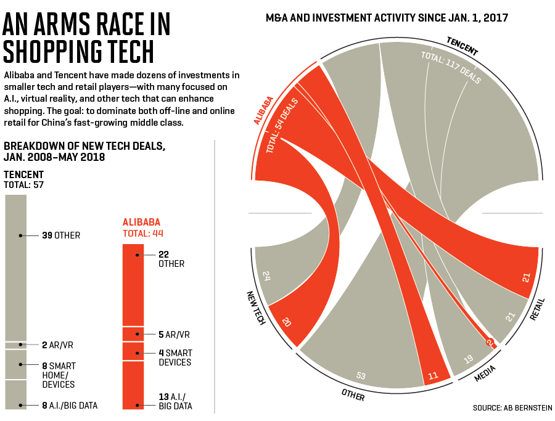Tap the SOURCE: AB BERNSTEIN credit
512,408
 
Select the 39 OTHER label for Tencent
61,235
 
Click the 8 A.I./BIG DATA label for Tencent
69,406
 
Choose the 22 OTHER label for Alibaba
171,259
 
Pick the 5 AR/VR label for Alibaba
173,335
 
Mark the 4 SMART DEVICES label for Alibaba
175,358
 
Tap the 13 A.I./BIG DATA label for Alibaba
175,401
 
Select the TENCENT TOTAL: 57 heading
24,179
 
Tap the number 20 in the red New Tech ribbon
286,322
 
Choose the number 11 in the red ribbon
432,374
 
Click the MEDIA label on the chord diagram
485,374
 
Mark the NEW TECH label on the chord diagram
255,308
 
